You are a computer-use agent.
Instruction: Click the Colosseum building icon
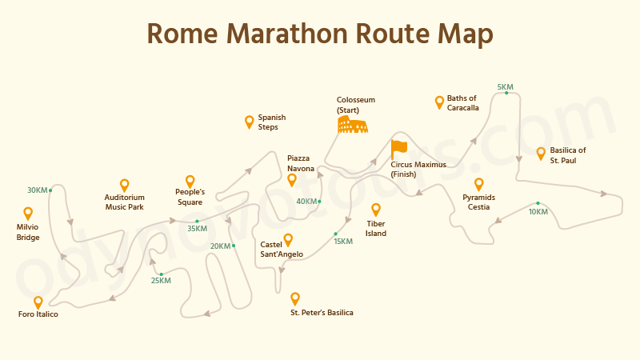click(x=352, y=124)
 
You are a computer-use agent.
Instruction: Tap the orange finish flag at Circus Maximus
click(x=398, y=149)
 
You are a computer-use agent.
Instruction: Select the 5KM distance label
click(x=506, y=86)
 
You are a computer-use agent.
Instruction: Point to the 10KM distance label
click(x=538, y=211)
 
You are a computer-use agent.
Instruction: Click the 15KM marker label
click(x=343, y=241)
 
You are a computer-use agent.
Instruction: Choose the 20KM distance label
click(x=220, y=246)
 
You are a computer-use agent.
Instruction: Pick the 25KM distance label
click(x=161, y=280)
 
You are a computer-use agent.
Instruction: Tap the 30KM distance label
click(x=37, y=190)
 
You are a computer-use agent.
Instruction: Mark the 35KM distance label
click(x=198, y=228)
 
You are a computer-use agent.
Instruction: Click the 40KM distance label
click(x=307, y=201)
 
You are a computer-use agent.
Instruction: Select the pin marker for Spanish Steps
click(x=250, y=122)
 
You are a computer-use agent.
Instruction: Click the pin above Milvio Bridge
click(x=28, y=214)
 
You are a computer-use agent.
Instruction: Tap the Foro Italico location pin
click(x=38, y=302)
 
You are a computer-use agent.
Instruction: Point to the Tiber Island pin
click(x=376, y=210)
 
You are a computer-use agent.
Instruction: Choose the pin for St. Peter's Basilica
click(x=295, y=298)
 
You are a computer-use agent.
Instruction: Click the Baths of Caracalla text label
click(x=462, y=102)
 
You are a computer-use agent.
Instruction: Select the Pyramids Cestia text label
click(x=478, y=202)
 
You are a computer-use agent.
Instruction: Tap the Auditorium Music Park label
click(x=124, y=202)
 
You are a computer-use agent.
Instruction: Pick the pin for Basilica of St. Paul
click(x=541, y=153)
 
